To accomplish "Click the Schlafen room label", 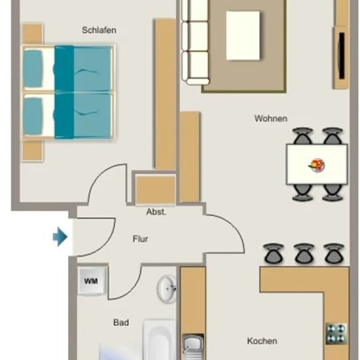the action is tap(99, 30).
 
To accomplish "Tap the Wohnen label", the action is tap(271, 118).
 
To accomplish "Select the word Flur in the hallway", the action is tap(140, 239).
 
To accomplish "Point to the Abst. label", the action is tap(156, 211).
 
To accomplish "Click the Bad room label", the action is tap(121, 323).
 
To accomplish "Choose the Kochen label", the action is tap(262, 341).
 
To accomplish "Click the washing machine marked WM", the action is tap(92, 281).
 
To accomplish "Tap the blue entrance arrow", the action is tap(60, 236).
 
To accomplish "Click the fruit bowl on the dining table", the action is tap(317, 166).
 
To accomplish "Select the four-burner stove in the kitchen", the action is tap(336, 334).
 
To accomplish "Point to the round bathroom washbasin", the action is tap(167, 289).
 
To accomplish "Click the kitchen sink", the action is tap(193, 347).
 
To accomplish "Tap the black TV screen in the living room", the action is tap(342, 56).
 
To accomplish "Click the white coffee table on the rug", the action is tap(243, 35).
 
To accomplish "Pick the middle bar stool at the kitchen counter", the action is tap(304, 253).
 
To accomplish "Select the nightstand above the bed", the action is tap(33, 33).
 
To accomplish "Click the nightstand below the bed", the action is tap(33, 151).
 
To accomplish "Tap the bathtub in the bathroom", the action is tap(159, 340).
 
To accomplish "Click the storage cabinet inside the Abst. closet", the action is tap(155, 190).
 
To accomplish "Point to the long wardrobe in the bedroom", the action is tap(166, 94).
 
